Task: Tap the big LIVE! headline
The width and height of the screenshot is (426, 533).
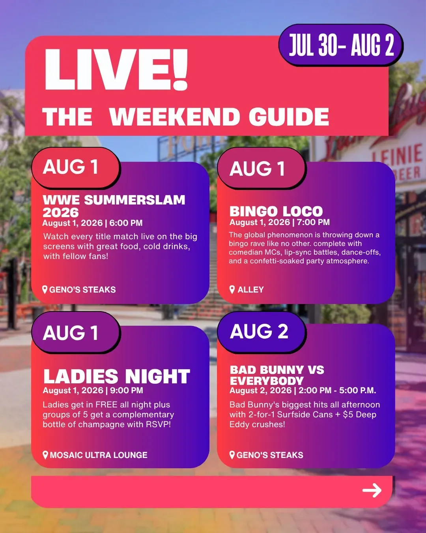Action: pos(116,69)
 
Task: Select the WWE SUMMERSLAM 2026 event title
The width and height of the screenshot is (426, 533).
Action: pos(114,206)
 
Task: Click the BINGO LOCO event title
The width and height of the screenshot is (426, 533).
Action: pos(276,211)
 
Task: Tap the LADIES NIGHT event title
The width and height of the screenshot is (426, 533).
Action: pos(117,376)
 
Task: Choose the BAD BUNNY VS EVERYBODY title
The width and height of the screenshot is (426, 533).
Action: pos(277,375)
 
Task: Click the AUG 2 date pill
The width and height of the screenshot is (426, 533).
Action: pos(261,332)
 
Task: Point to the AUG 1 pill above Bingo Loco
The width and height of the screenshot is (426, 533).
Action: pos(261,168)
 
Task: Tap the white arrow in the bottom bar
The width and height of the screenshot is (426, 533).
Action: pos(372,490)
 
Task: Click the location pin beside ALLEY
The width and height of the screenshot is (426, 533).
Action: pos(232,289)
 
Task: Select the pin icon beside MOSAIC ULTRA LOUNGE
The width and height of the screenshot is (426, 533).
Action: pos(45,455)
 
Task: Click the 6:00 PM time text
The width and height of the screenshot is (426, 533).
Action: pos(126,223)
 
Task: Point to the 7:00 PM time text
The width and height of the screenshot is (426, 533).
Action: pos(313,222)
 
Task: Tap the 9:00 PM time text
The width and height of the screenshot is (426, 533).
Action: pos(127,390)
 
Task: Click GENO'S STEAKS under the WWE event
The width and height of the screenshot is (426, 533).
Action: pos(82,289)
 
